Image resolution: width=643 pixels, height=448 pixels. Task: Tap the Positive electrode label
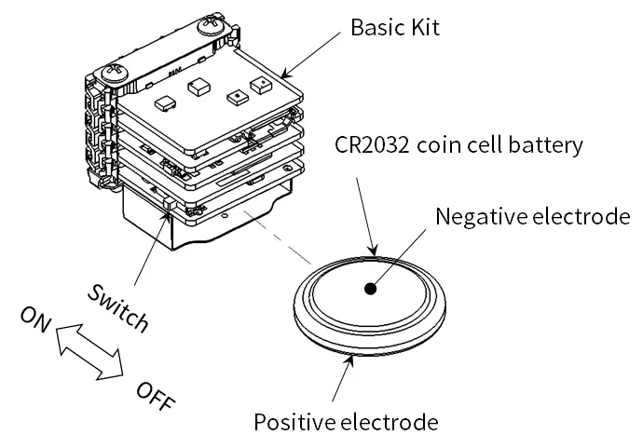pyautogui.click(x=346, y=422)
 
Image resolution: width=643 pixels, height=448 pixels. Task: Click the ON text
pyautogui.click(x=35, y=322)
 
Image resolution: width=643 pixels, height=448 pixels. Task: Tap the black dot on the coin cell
pyautogui.click(x=371, y=289)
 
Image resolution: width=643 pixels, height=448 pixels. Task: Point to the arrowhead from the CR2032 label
pyautogui.click(x=374, y=249)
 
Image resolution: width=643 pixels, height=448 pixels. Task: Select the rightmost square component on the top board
pyautogui.click(x=262, y=86)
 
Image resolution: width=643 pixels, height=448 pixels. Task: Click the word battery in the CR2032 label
pyautogui.click(x=547, y=145)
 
